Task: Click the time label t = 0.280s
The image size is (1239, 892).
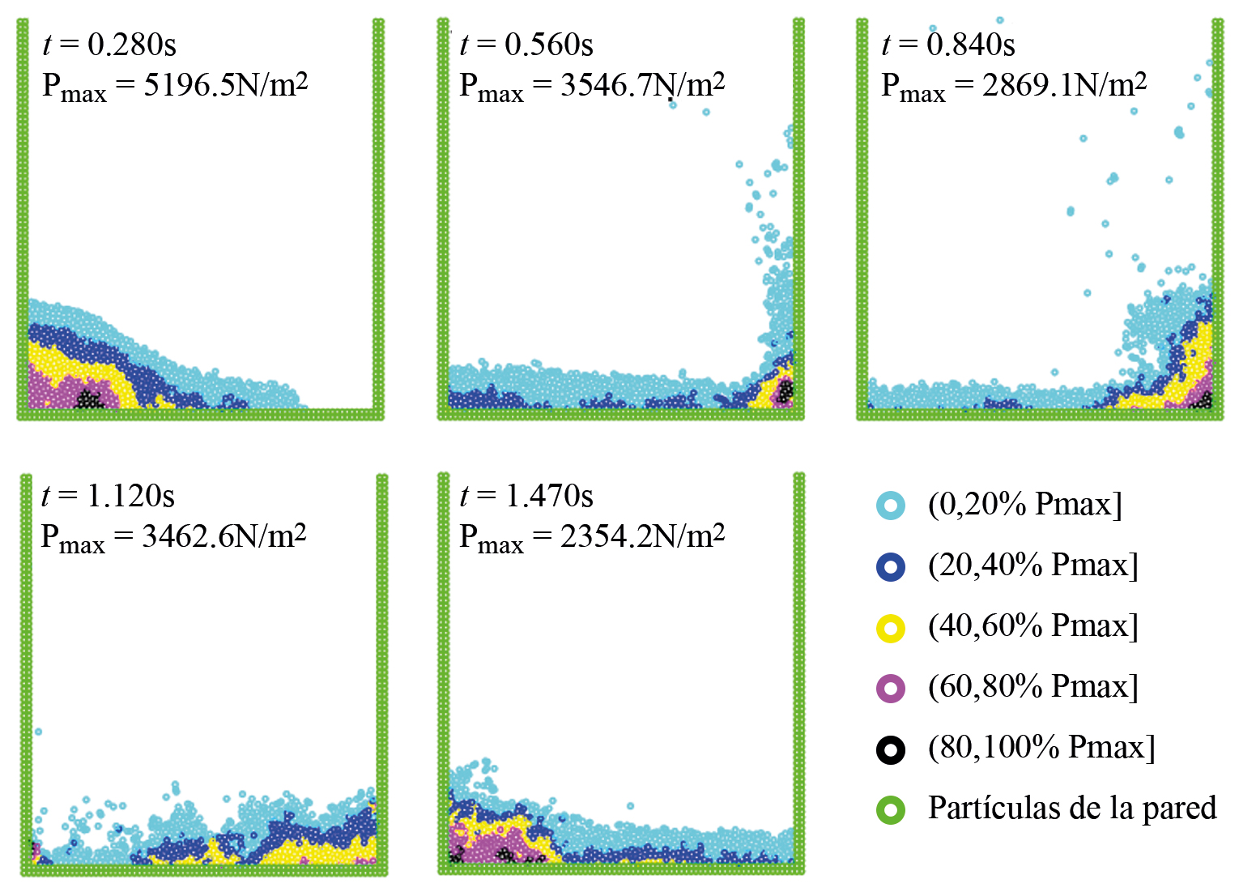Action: [x=109, y=45]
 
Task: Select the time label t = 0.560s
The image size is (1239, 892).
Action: [x=526, y=45]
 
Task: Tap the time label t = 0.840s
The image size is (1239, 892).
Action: [x=947, y=45]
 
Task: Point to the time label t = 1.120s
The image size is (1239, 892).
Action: [x=108, y=496]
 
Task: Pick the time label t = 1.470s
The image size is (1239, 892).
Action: [x=526, y=496]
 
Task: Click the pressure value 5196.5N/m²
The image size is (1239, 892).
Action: [x=226, y=84]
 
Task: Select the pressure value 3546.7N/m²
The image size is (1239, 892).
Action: [x=643, y=84]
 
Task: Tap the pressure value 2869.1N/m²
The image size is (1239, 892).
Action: [x=1064, y=84]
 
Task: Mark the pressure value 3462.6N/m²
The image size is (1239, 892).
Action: [x=224, y=536]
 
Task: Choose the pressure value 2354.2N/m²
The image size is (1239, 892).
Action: [x=642, y=536]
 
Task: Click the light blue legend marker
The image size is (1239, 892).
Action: [x=891, y=506]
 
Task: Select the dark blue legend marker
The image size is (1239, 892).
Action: [x=891, y=566]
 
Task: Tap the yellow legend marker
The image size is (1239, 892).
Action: [x=891, y=628]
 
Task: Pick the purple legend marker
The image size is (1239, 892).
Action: [x=891, y=689]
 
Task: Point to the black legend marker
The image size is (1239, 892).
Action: [x=891, y=749]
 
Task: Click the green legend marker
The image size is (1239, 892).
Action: [x=891, y=809]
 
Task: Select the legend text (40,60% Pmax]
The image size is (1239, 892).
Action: [x=1033, y=626]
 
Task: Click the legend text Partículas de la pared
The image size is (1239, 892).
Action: [x=1072, y=808]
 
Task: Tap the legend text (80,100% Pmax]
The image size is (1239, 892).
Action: [x=1041, y=748]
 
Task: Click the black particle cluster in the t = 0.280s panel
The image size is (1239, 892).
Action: [x=89, y=399]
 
